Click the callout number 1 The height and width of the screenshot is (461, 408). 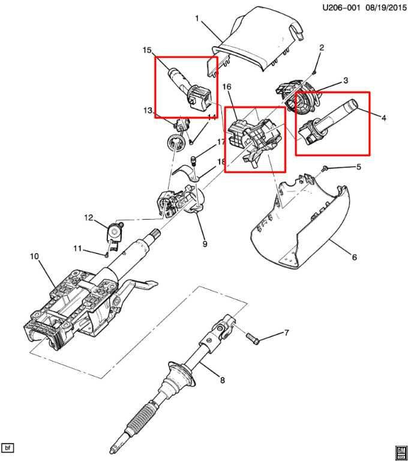[197, 19]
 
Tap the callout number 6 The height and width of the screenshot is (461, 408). [355, 258]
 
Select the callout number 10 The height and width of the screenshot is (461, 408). [34, 256]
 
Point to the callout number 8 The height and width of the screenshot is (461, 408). [222, 380]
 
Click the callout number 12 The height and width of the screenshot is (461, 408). [88, 218]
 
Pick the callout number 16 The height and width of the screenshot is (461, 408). [227, 86]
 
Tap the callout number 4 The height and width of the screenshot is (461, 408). [383, 118]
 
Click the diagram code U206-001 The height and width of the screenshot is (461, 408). [341, 8]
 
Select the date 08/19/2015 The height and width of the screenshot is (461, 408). [386, 8]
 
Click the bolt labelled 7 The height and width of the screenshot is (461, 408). [253, 338]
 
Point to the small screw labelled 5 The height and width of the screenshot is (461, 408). [324, 168]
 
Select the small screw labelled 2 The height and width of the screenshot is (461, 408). [314, 71]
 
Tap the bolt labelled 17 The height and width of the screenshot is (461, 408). [194, 161]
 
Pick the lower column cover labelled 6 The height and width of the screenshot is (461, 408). [300, 223]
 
